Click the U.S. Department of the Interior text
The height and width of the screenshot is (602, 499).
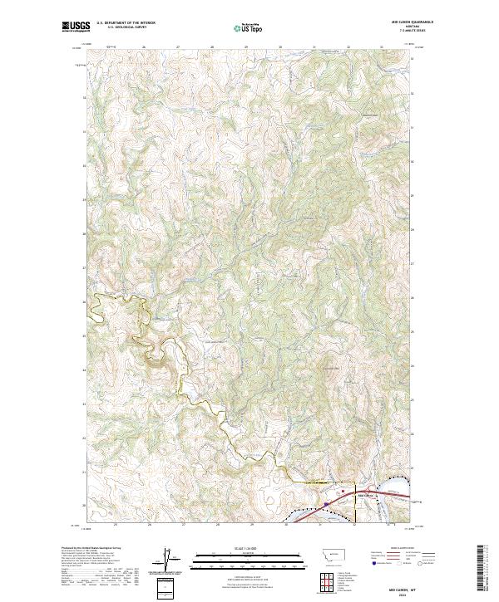126,22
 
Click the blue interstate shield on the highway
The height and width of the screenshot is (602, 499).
328,503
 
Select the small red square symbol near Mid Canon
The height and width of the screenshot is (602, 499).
343,490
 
